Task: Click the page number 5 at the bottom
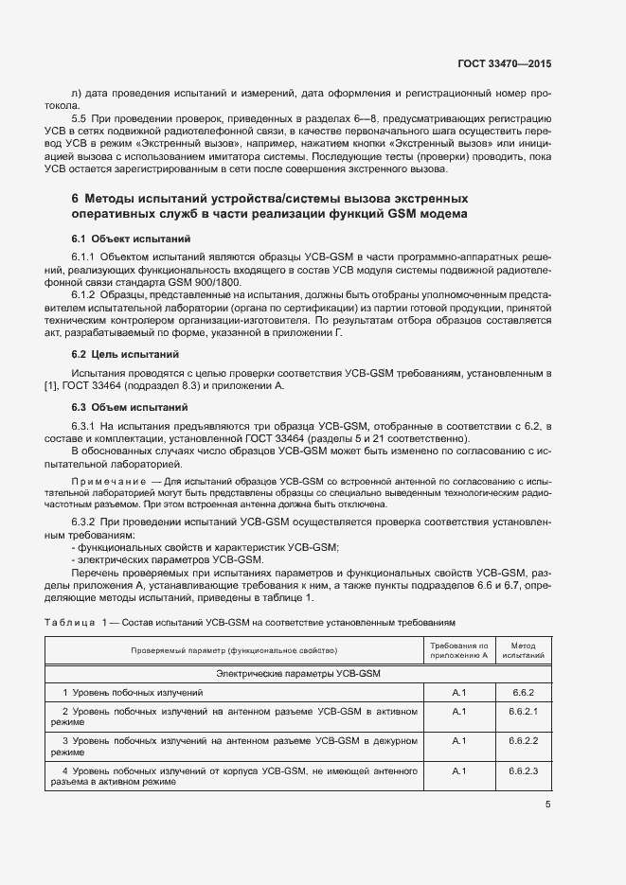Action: point(548,805)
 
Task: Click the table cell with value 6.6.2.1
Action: point(522,711)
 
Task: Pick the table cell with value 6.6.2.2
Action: point(522,741)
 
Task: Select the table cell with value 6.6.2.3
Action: point(522,771)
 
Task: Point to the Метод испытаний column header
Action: point(522,649)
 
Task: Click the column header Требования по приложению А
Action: point(458,649)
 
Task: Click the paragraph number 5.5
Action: point(80,118)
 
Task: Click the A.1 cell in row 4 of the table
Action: point(458,771)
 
